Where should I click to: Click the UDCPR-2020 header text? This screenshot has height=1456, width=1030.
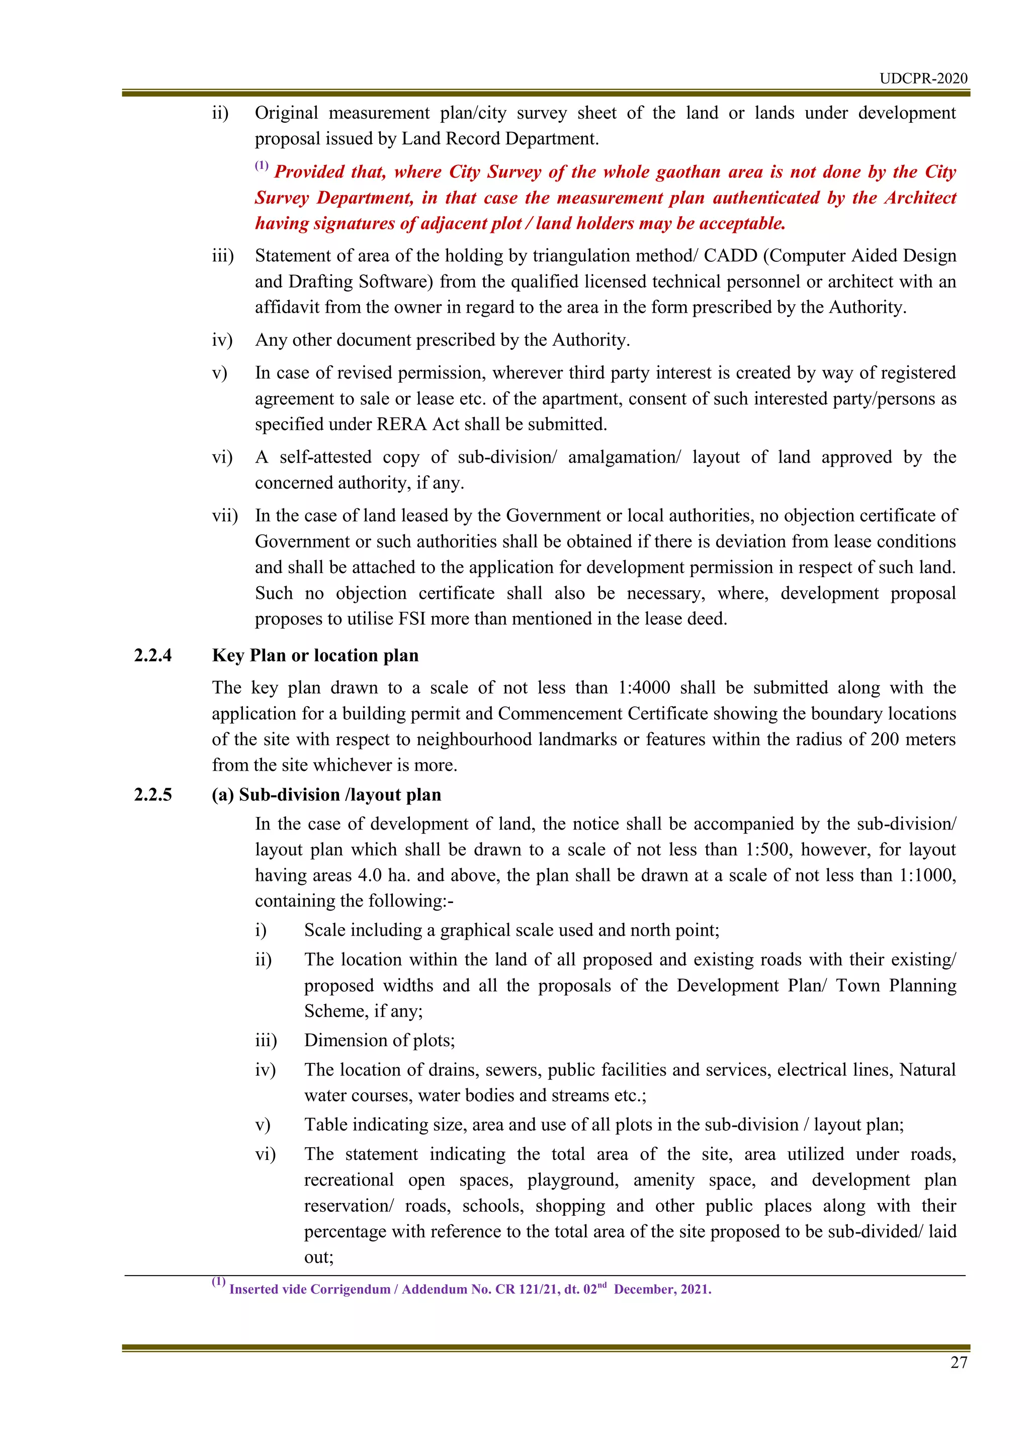(x=923, y=78)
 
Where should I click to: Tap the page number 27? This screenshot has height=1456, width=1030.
(x=958, y=1362)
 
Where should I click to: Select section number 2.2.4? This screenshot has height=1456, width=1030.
(x=153, y=655)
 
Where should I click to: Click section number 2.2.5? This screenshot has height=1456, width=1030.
(x=153, y=794)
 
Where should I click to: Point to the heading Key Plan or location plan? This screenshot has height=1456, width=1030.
(x=315, y=655)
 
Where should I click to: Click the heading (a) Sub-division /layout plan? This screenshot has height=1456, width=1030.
(x=326, y=794)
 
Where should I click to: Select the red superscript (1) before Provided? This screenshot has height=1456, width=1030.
(x=262, y=166)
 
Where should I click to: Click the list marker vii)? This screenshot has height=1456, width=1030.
(x=224, y=515)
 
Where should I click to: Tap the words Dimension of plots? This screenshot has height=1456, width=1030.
(x=379, y=1040)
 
